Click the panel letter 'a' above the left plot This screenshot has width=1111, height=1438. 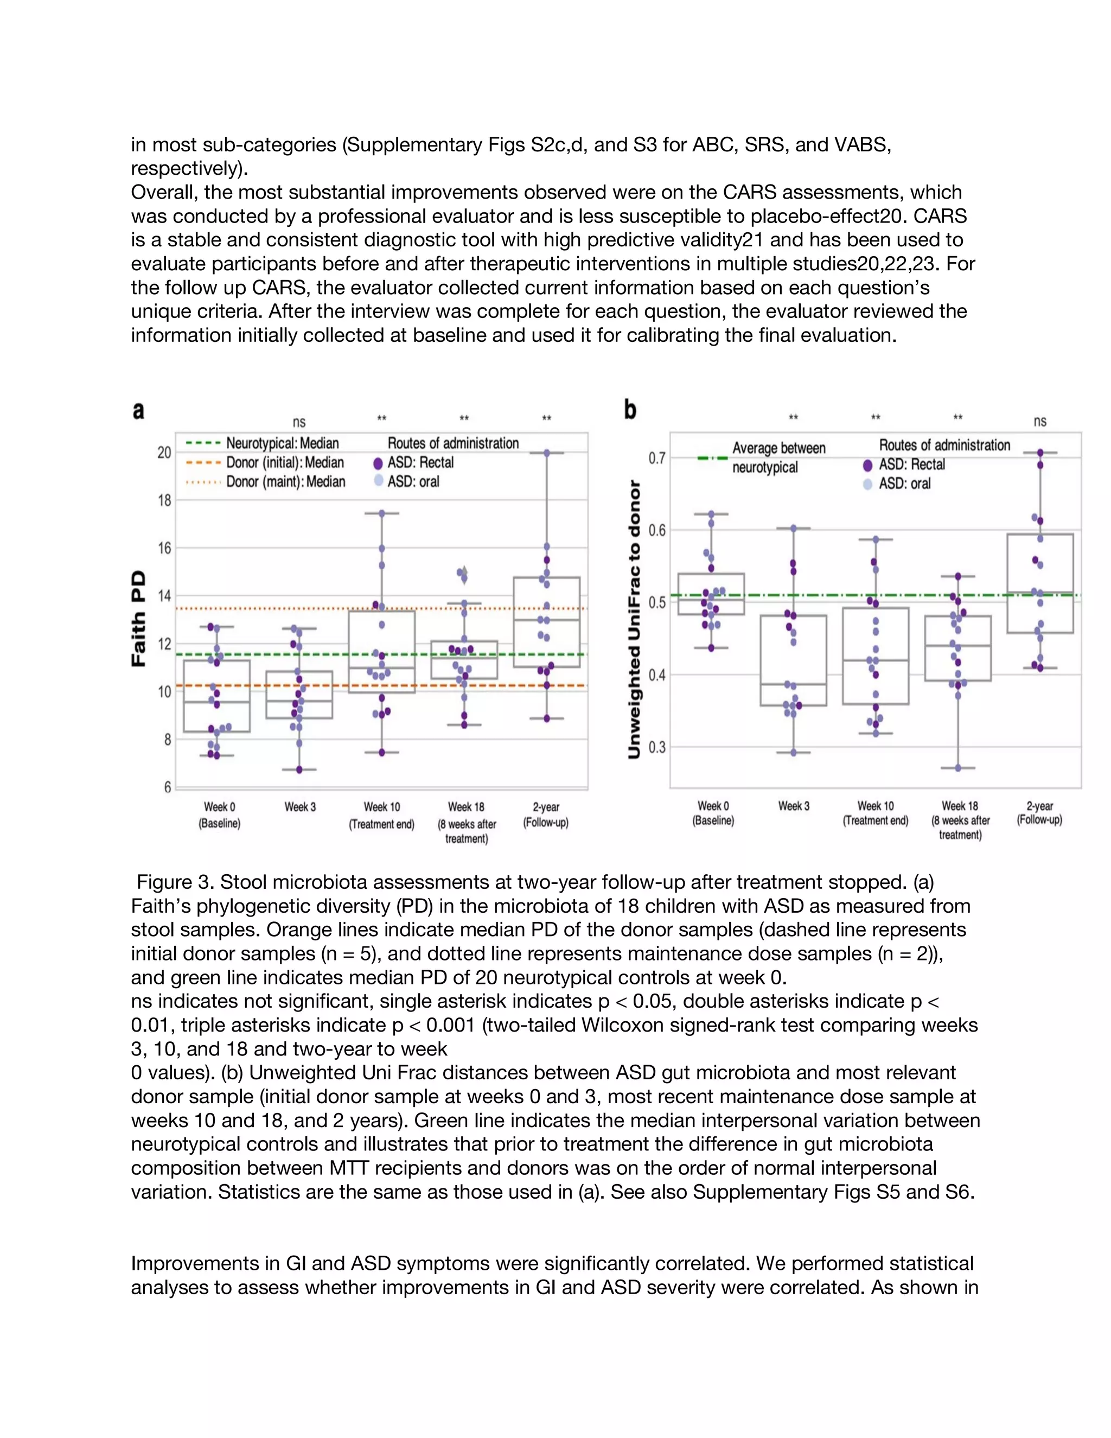[x=138, y=411]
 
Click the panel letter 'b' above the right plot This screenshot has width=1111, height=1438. [x=630, y=410]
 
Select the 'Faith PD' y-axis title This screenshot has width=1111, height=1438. [x=139, y=619]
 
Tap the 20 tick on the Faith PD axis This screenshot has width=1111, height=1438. [x=164, y=453]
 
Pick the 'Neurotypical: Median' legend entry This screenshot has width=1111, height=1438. [x=282, y=443]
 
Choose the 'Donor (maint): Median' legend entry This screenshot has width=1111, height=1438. [x=285, y=482]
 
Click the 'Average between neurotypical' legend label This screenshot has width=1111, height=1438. [x=778, y=457]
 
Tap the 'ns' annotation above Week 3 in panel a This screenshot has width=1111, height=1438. [x=299, y=422]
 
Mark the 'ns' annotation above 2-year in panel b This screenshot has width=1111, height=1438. [x=1040, y=422]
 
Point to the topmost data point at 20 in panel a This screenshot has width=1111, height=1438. [x=546, y=453]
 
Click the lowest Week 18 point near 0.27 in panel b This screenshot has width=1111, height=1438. [x=959, y=768]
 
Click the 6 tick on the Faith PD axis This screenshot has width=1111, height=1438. [x=167, y=787]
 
